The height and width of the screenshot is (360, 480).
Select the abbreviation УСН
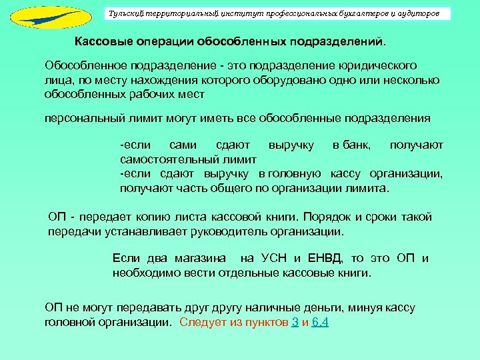click(274, 259)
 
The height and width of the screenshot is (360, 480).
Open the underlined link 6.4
click(320, 323)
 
